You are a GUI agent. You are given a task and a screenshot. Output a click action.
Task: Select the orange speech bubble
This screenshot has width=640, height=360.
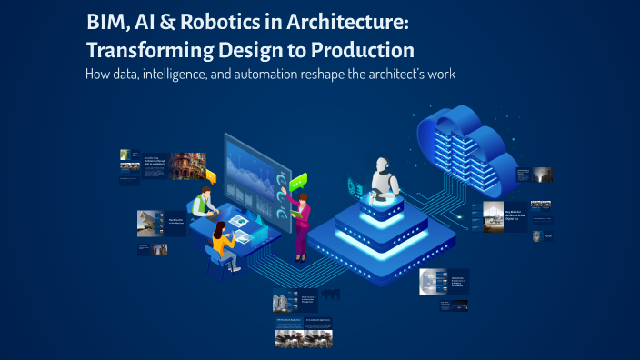[x=211, y=176]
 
